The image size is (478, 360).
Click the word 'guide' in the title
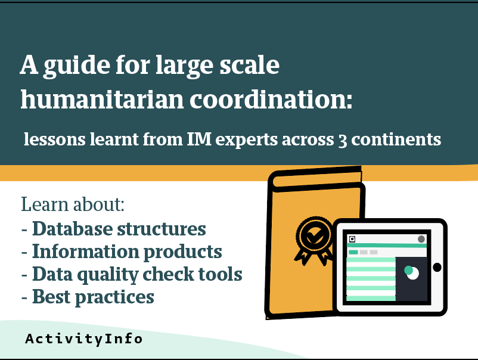coord(77,66)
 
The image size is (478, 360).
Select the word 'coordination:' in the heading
coord(271,100)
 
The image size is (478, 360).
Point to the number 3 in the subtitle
coord(343,141)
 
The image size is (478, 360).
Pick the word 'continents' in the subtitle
coord(396,139)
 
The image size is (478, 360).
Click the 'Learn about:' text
coord(73,204)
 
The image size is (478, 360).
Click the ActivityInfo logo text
coord(84,339)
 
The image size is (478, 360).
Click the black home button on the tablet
coord(437,268)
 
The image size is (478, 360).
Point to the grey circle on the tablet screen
coord(421,239)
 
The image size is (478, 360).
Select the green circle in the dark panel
coord(408,270)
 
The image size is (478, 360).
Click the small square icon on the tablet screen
coord(352,239)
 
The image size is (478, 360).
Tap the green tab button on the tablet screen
coord(353,252)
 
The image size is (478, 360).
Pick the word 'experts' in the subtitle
coord(247,140)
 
